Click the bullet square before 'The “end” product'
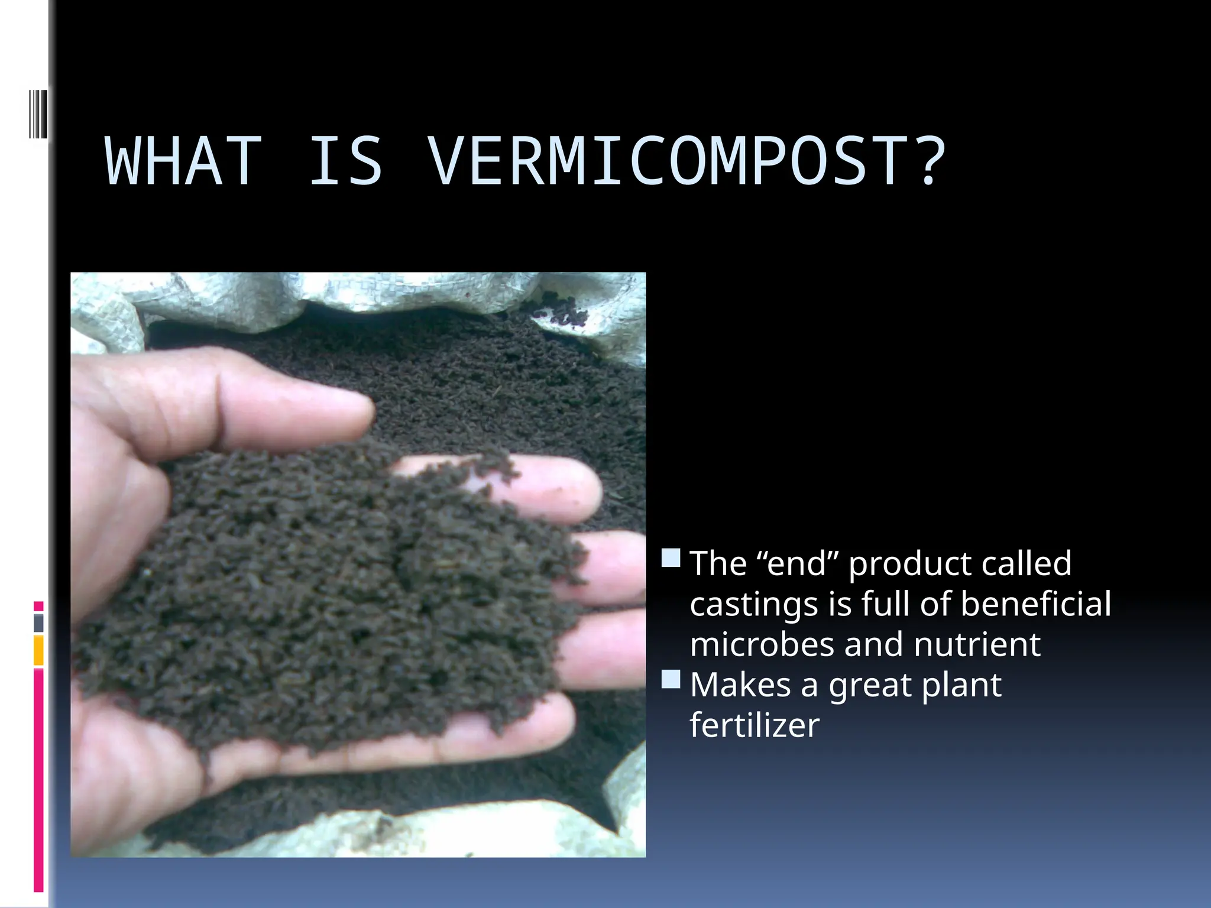(x=671, y=558)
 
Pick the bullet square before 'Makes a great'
(x=671, y=679)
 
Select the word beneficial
(x=1035, y=604)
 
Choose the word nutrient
(x=977, y=644)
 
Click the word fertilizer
(x=755, y=725)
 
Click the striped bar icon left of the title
(x=37, y=113)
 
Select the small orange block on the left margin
(x=38, y=650)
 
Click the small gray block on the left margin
(x=38, y=623)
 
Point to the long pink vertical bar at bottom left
(x=38, y=780)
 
